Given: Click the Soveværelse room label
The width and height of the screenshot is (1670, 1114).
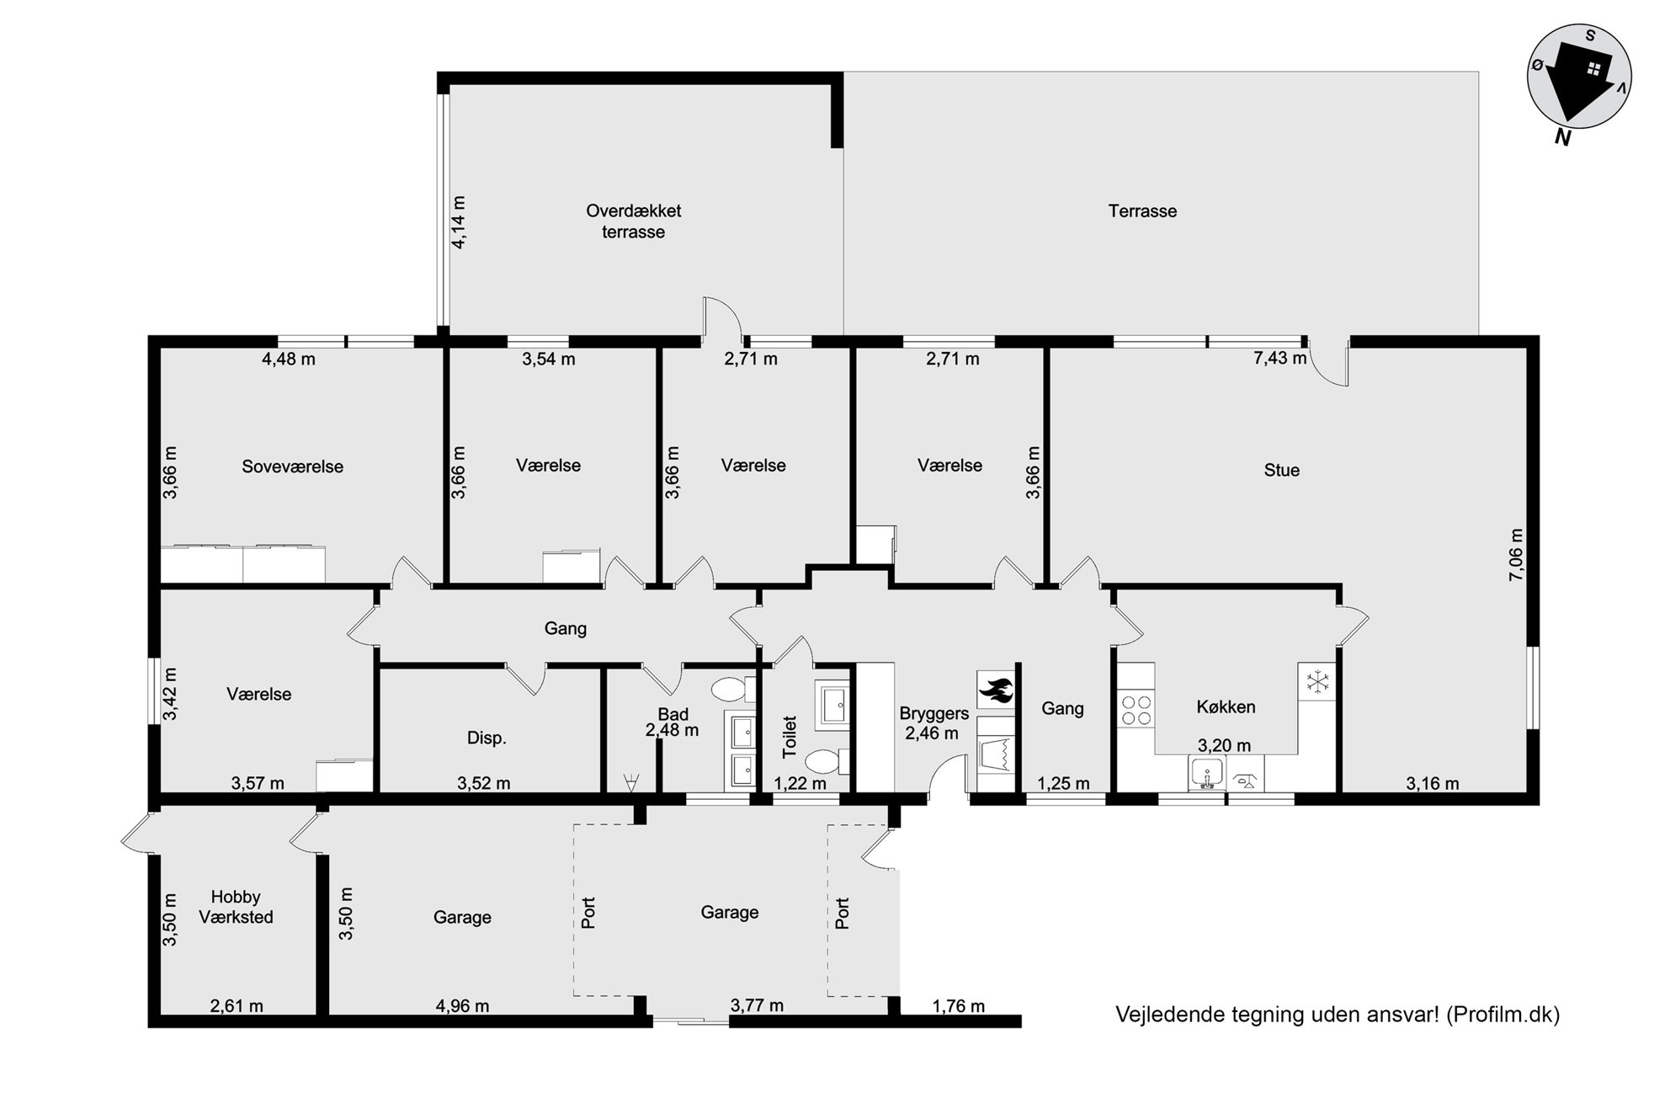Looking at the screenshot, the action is tap(292, 466).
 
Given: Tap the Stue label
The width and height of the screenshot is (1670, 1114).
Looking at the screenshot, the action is tap(1281, 470).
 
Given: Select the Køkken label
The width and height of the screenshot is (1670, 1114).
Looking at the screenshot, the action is tap(1226, 706).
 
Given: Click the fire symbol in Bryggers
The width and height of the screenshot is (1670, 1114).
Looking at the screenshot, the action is tap(996, 690).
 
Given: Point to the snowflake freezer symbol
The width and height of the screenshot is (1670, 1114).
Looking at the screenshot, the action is tap(1316, 681).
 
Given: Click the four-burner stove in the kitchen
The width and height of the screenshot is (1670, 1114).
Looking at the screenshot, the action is tap(1135, 708).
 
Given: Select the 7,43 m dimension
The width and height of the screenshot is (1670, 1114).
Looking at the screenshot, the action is tap(1279, 358).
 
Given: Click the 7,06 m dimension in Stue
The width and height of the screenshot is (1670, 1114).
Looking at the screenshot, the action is tap(1516, 554).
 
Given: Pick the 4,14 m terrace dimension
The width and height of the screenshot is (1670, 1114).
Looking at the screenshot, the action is tap(459, 221).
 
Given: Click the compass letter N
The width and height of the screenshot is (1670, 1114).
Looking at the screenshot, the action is tap(1562, 137).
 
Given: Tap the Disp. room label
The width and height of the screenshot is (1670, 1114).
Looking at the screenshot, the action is tap(487, 738).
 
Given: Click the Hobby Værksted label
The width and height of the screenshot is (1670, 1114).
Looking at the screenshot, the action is tap(236, 907).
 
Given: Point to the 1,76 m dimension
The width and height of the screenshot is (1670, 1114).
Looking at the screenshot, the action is tap(958, 1005).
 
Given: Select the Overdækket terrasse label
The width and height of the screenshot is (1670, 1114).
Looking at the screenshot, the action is tap(634, 221).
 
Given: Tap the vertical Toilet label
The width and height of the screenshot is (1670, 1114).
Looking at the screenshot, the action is tap(789, 737).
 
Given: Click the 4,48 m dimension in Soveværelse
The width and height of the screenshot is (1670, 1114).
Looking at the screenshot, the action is tap(289, 359).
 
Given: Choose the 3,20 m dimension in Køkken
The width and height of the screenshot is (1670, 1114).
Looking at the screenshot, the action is tap(1224, 745).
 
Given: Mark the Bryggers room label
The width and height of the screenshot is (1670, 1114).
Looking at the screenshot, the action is tap(934, 714).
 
